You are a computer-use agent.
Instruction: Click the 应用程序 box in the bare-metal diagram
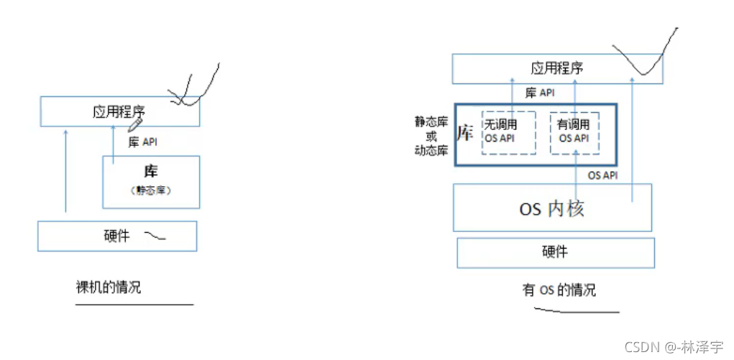tap(119, 111)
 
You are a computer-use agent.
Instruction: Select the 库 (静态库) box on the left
tap(151, 181)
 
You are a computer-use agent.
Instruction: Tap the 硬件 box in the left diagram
tap(116, 236)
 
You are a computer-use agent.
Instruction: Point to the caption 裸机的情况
tap(109, 288)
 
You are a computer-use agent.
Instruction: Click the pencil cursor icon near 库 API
tap(134, 125)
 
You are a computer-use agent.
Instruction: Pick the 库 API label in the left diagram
tap(142, 142)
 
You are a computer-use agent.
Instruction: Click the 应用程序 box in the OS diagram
tap(557, 69)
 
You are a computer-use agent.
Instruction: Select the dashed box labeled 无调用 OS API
tap(508, 131)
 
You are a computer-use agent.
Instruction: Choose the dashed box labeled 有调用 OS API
tap(574, 131)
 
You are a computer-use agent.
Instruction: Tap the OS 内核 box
tap(552, 208)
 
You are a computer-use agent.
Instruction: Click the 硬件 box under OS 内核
tap(555, 251)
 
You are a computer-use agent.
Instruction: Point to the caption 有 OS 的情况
tap(559, 290)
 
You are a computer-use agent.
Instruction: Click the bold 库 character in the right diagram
tap(465, 134)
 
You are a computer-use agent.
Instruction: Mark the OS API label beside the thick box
tap(602, 175)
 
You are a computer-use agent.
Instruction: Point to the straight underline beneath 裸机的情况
tap(134, 305)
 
